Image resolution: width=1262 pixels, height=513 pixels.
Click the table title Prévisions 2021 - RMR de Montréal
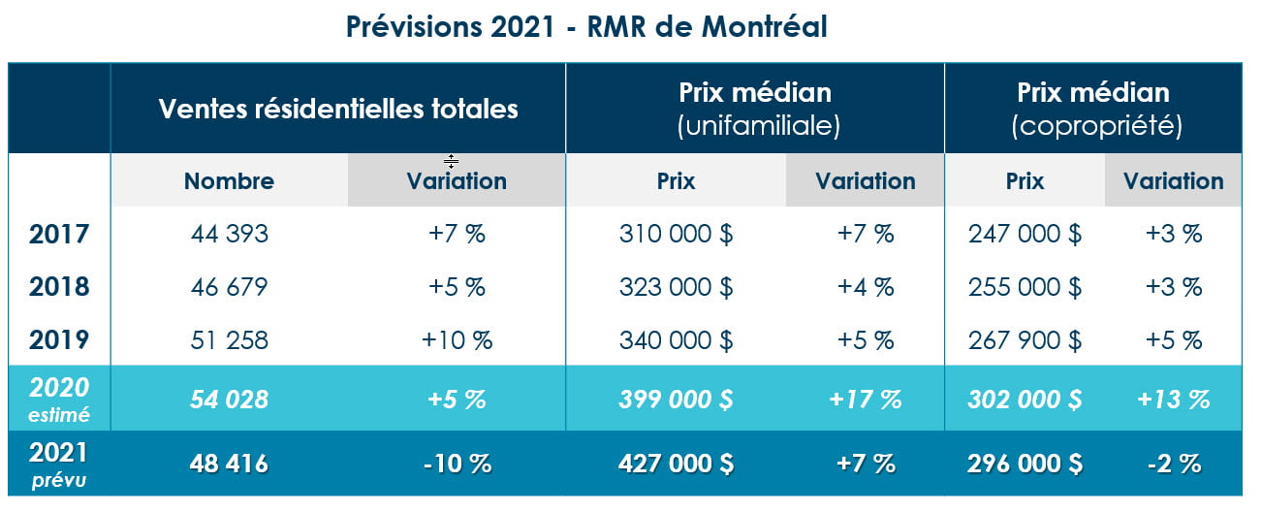pos(585,27)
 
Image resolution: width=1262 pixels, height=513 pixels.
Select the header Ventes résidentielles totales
pos(337,109)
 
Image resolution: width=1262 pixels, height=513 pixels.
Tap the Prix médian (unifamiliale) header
pos(754,109)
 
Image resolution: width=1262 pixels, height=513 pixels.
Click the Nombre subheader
pos(229,181)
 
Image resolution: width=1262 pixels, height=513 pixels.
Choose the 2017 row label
pos(59,234)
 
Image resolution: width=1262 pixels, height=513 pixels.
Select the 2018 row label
pos(59,287)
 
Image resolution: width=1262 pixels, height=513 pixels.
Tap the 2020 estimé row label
pos(59,399)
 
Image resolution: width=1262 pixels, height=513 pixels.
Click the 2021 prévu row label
pos(59,464)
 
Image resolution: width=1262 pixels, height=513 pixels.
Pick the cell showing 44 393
pos(229,234)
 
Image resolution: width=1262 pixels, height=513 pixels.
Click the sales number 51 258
pos(229,340)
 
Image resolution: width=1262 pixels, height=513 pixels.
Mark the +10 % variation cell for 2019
pos(457,340)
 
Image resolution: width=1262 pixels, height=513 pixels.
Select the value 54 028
pos(229,399)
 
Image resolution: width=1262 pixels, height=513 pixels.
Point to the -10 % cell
pos(457,465)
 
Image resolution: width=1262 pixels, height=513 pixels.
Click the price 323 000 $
pos(676,287)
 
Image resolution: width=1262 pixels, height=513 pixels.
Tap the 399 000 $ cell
pos(676,399)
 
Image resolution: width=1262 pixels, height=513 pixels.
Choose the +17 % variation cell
pos(865,399)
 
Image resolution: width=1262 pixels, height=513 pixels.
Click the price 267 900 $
pos(1025,340)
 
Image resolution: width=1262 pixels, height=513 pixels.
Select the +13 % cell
pos(1173,399)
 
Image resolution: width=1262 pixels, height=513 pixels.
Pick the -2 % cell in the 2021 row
pos(1173,465)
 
